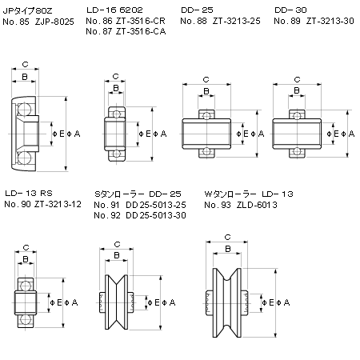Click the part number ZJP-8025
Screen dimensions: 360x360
click(x=54, y=22)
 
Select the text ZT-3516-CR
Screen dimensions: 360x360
click(x=141, y=21)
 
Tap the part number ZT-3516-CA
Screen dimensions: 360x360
click(x=141, y=31)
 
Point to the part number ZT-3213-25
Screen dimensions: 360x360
click(x=237, y=21)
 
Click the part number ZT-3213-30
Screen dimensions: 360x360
click(x=330, y=21)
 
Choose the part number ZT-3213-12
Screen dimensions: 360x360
click(x=58, y=204)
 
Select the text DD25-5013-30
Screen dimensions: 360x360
click(x=156, y=215)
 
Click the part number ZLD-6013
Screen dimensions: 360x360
click(x=257, y=205)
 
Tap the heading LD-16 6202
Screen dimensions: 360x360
click(x=114, y=10)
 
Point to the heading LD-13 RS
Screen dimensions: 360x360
click(x=29, y=193)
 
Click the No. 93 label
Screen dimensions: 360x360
click(x=218, y=205)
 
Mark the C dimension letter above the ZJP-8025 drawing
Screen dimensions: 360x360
click(x=25, y=64)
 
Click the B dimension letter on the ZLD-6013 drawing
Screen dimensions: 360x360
click(x=228, y=249)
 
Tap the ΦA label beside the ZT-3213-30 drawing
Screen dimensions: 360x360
click(x=349, y=134)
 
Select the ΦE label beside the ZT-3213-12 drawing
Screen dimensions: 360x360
click(x=56, y=302)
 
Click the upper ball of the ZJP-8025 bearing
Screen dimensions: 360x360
click(x=25, y=110)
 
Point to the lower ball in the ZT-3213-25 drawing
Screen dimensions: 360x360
click(x=206, y=151)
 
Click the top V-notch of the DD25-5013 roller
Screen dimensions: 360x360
click(x=117, y=282)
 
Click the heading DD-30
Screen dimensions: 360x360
click(x=290, y=10)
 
